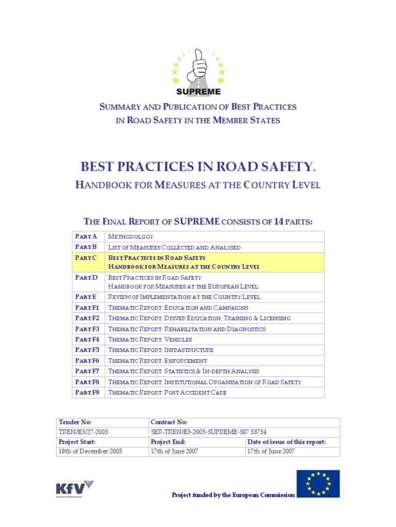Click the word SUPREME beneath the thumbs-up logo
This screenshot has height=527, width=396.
click(x=199, y=92)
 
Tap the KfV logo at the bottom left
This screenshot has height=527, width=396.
click(x=74, y=488)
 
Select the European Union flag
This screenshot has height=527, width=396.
click(x=318, y=483)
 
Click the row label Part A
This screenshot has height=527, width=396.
click(x=86, y=237)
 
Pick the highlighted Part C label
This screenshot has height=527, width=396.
click(x=86, y=257)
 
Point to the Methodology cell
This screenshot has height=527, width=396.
click(x=130, y=237)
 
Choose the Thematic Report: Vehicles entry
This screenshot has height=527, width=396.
click(x=150, y=340)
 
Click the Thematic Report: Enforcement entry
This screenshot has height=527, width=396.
click(x=157, y=361)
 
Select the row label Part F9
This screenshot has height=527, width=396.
click(x=88, y=393)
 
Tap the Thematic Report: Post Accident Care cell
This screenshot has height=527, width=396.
click(x=167, y=393)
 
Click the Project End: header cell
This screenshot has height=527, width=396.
click(x=168, y=442)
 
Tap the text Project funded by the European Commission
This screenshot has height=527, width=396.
click(x=233, y=495)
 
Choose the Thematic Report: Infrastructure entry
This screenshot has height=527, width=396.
click(x=160, y=350)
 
